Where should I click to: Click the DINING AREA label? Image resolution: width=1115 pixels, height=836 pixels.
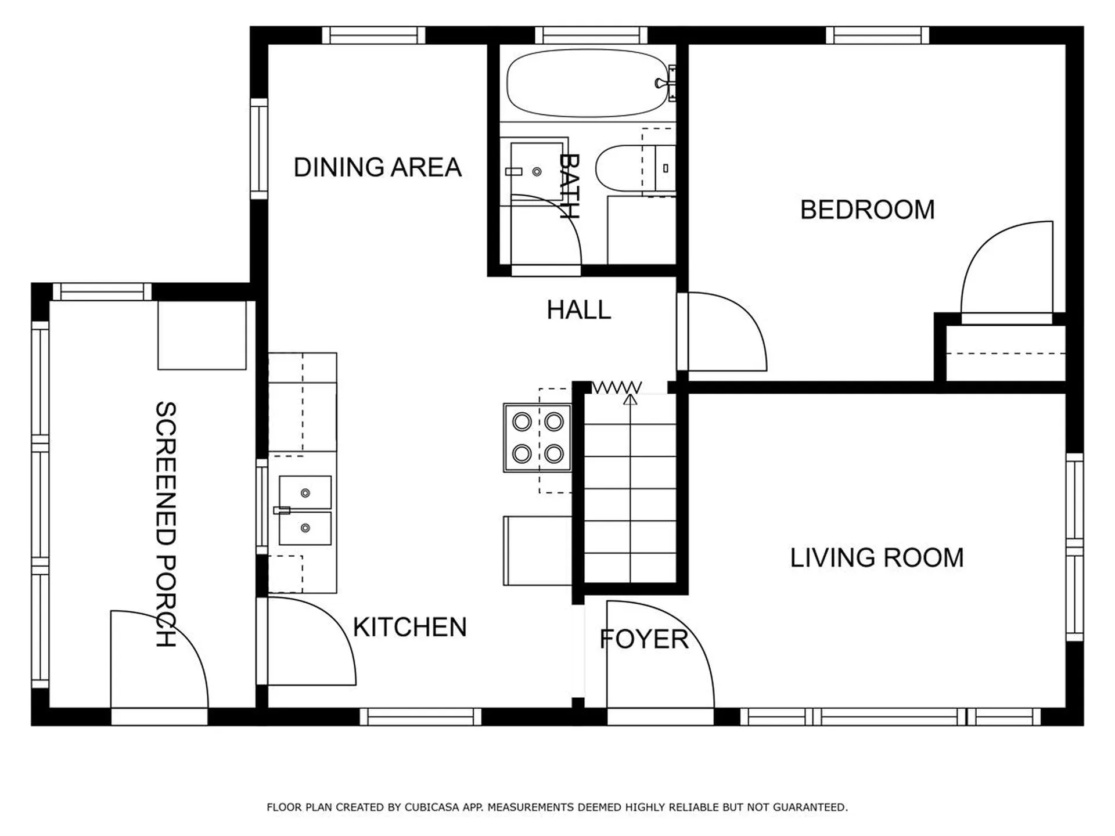(377, 167)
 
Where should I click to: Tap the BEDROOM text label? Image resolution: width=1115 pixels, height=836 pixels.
(868, 210)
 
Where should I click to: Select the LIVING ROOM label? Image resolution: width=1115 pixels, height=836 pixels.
(877, 557)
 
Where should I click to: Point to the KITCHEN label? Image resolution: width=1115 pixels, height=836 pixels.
(410, 627)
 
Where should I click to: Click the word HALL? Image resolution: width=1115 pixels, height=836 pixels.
(579, 310)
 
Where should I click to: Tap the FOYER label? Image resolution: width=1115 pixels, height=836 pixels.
(644, 639)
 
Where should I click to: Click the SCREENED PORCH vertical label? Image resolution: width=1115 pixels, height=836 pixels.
(166, 524)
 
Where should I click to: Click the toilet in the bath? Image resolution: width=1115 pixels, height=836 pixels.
(635, 168)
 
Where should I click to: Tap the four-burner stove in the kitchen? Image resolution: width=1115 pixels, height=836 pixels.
(538, 437)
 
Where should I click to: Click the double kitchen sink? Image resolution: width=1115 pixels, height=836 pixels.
(305, 510)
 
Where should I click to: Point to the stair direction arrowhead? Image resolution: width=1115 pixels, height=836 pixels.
(631, 399)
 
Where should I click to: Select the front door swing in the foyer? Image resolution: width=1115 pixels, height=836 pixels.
(660, 655)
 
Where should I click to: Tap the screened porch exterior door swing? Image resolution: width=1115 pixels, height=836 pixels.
(159, 659)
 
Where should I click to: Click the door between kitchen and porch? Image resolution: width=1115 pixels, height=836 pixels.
(306, 642)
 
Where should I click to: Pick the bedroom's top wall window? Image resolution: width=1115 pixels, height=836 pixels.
(877, 35)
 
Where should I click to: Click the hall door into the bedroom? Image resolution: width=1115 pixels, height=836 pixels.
(722, 331)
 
